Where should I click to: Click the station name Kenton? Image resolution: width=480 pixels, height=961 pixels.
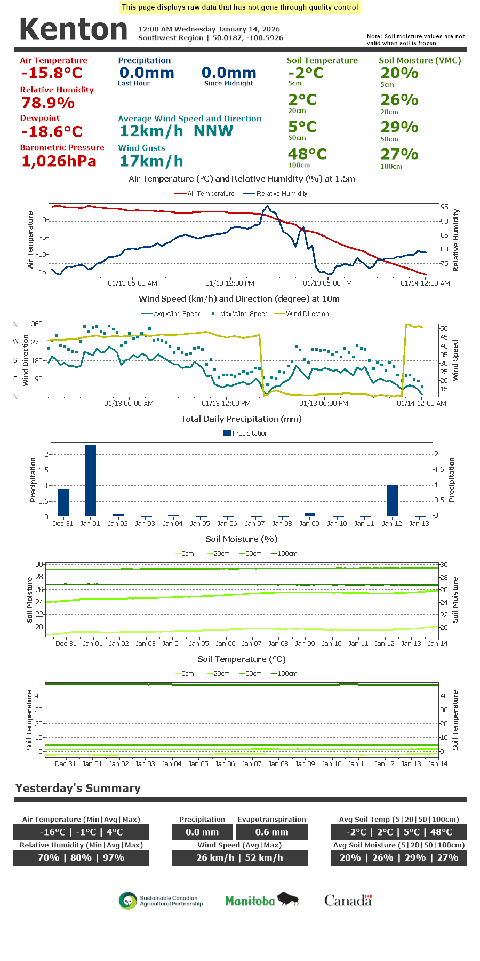pyautogui.click(x=74, y=29)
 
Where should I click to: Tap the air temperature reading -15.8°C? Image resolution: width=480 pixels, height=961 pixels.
pyautogui.click(x=52, y=73)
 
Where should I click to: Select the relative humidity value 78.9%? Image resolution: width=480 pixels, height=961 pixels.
pyautogui.click(x=48, y=103)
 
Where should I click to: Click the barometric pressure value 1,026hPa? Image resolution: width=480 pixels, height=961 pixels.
pyautogui.click(x=59, y=161)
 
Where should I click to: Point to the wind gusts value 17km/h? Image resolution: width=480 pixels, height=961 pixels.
pyautogui.click(x=151, y=161)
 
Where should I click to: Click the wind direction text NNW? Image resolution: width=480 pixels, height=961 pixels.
pyautogui.click(x=213, y=131)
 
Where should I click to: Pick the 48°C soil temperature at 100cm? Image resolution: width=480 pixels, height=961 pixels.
pyautogui.click(x=307, y=154)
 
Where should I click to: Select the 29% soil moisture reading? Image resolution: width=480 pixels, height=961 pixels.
pyautogui.click(x=399, y=127)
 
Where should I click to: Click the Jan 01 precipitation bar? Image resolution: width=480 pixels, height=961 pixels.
pyautogui.click(x=91, y=480)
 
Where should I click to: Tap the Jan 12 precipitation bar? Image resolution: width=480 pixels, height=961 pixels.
pyautogui.click(x=393, y=500)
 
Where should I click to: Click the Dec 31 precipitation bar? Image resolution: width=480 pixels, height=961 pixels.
pyautogui.click(x=63, y=502)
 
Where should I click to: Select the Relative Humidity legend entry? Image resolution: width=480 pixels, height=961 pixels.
pyautogui.click(x=275, y=194)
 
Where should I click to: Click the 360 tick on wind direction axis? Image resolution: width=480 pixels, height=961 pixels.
pyautogui.click(x=37, y=324)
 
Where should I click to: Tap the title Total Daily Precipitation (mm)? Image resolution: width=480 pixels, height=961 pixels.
pyautogui.click(x=241, y=419)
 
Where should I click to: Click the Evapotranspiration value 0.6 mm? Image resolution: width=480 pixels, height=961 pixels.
pyautogui.click(x=271, y=832)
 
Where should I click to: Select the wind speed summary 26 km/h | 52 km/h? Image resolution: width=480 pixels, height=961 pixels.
pyautogui.click(x=239, y=857)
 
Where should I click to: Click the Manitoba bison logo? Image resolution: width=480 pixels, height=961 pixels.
pyautogui.click(x=261, y=900)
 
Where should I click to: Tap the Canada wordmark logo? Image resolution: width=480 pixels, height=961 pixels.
pyautogui.click(x=348, y=901)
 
